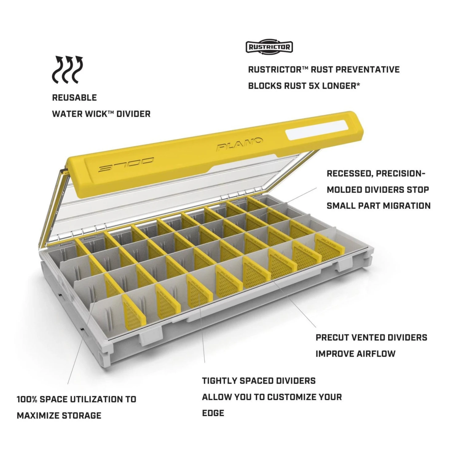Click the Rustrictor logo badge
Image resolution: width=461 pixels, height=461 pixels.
269,47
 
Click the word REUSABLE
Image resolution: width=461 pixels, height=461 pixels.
74,98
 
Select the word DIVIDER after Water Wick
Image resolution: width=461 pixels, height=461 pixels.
133,114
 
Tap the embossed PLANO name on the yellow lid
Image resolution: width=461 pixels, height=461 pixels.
240,144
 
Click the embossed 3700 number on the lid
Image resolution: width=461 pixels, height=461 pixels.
126,165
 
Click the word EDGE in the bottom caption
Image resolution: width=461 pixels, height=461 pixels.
213,413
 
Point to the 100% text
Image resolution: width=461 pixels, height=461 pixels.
27,399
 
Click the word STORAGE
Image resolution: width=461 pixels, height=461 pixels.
81,416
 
